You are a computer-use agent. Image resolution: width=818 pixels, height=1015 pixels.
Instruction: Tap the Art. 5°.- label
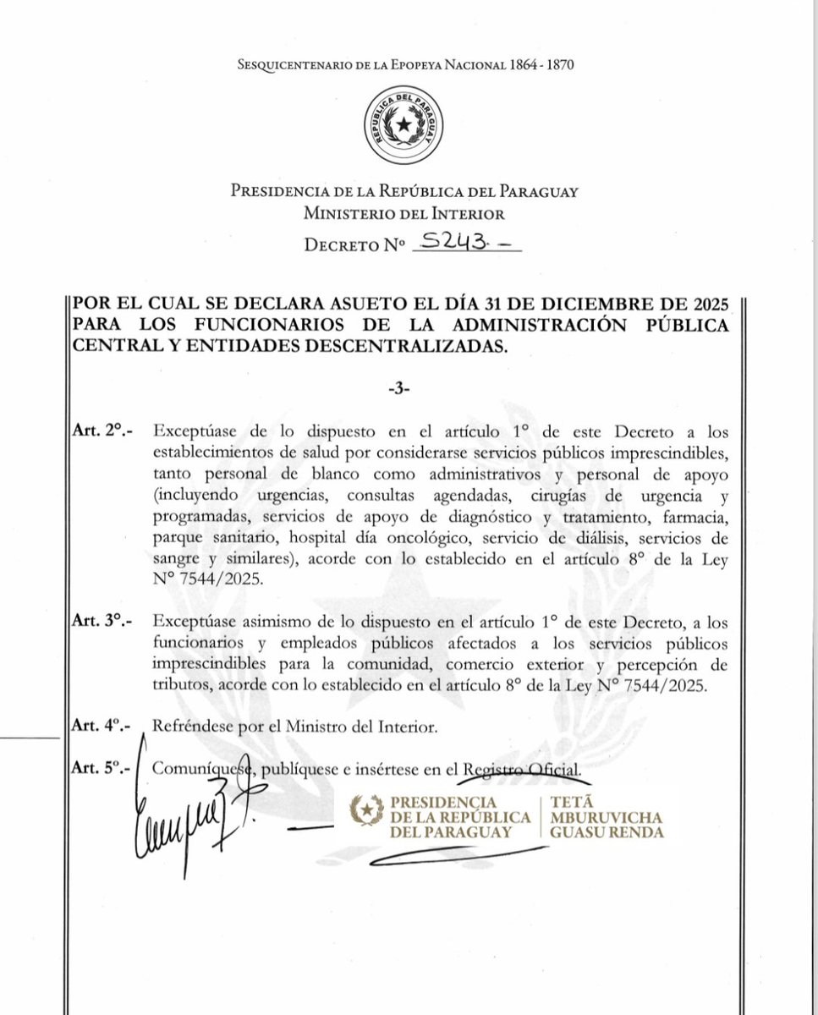pos(100,770)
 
